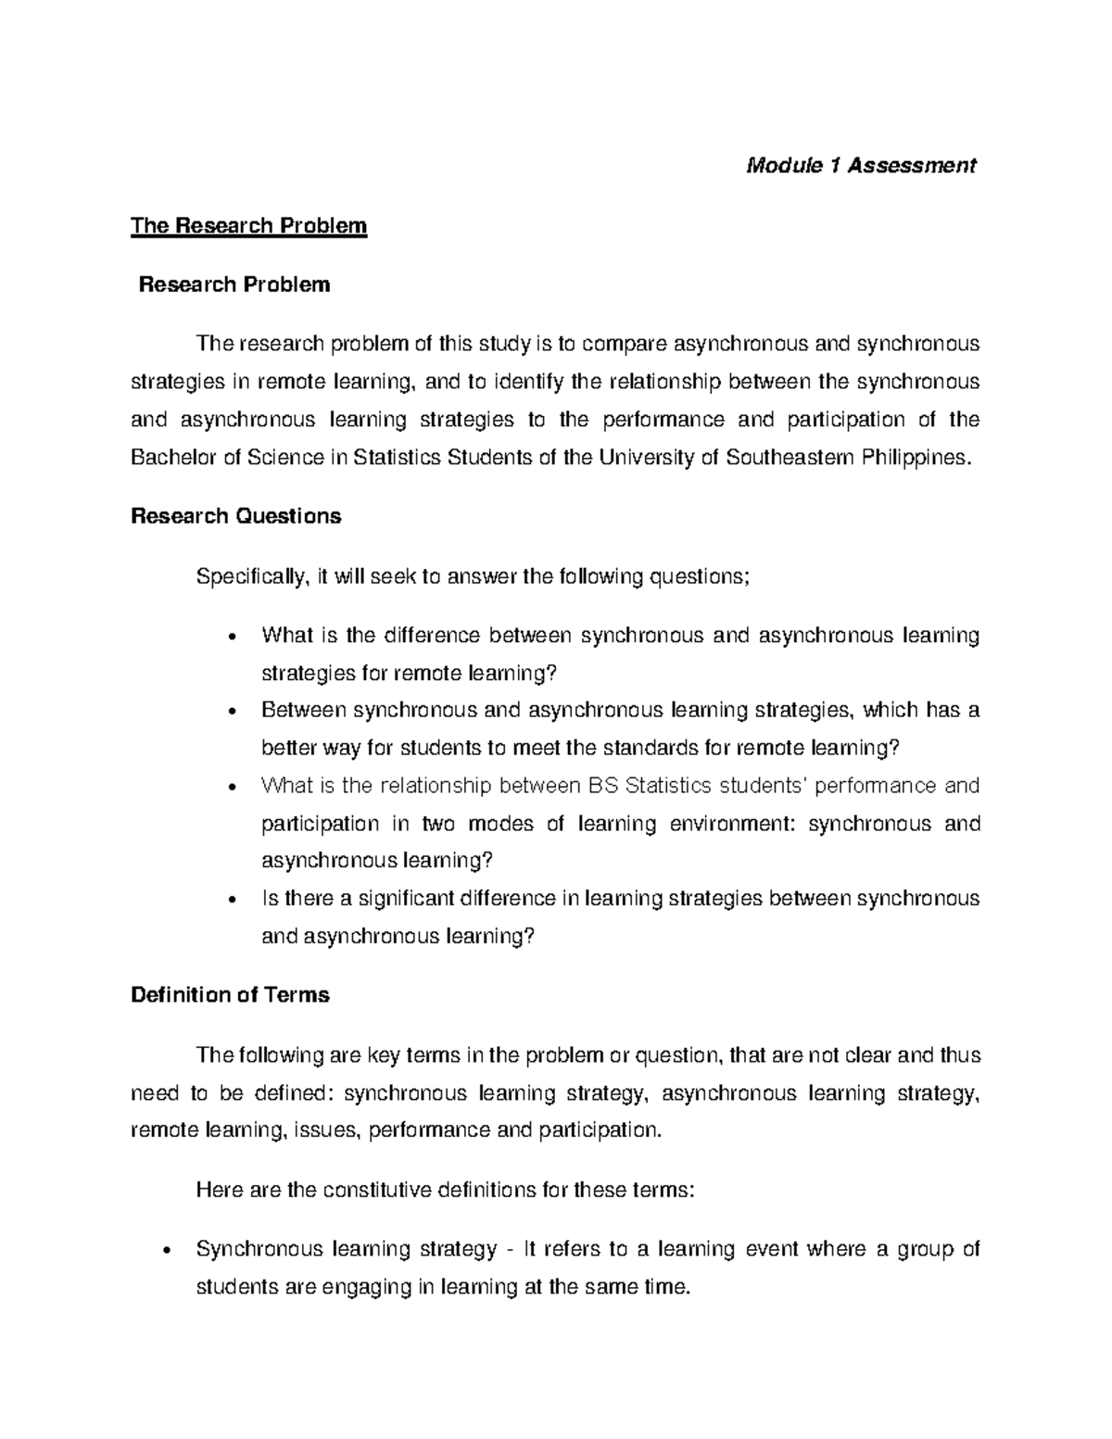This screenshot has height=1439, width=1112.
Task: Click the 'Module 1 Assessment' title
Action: pyautogui.click(x=862, y=166)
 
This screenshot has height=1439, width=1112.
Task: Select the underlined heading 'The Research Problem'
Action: pyautogui.click(x=249, y=226)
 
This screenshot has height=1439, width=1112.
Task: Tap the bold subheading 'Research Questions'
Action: pyautogui.click(x=236, y=516)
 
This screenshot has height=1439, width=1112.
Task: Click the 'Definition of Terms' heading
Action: pyautogui.click(x=230, y=995)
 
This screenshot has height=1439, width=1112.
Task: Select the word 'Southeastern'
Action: pyautogui.click(x=791, y=458)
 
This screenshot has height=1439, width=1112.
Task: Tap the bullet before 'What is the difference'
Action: pyautogui.click(x=233, y=637)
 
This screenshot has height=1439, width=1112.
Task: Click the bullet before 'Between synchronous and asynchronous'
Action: pyautogui.click(x=233, y=712)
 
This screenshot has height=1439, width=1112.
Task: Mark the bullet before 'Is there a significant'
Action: pyautogui.click(x=233, y=900)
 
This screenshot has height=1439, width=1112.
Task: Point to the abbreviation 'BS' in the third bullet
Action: pyautogui.click(x=604, y=786)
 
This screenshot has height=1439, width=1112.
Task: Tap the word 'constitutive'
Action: pyautogui.click(x=376, y=1190)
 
